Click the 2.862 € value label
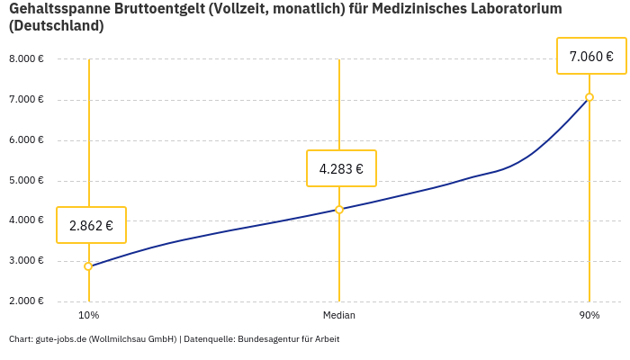(x=91, y=225)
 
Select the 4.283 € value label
(x=341, y=168)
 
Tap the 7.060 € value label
(x=591, y=56)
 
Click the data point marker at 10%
(x=88, y=266)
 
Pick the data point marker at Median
(x=339, y=210)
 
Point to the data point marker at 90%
(x=589, y=97)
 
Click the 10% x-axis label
(x=88, y=315)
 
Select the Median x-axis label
(x=339, y=315)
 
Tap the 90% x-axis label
(x=589, y=315)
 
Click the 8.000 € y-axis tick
(x=26, y=59)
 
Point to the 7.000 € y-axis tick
(x=26, y=100)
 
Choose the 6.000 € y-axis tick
(x=26, y=140)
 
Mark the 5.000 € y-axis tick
(x=26, y=181)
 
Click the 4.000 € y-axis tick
(x=26, y=220)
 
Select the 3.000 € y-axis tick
(x=26, y=261)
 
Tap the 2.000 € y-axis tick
(x=26, y=301)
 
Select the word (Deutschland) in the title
(x=56, y=26)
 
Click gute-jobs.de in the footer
(x=58, y=339)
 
